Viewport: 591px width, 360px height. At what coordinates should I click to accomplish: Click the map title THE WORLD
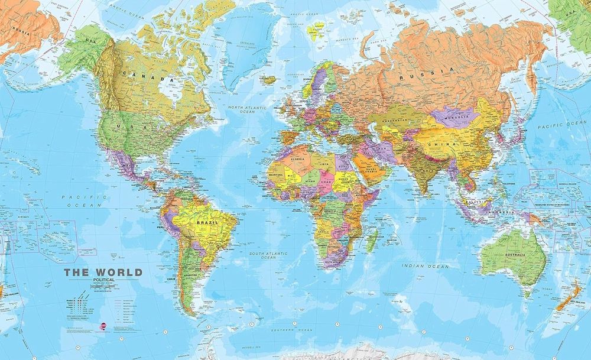pos(103,273)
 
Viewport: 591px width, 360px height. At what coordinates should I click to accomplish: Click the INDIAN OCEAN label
pos(425,266)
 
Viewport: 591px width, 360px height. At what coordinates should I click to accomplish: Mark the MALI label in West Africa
pos(290,175)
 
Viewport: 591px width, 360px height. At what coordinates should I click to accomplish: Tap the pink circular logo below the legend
pos(104,324)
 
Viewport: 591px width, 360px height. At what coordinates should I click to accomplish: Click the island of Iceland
pos(269,80)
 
